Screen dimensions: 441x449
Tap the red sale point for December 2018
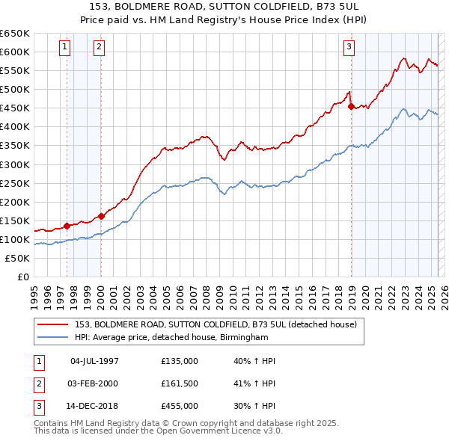click(x=351, y=106)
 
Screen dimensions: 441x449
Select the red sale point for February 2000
click(x=101, y=217)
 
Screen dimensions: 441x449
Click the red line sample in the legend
click(x=53, y=324)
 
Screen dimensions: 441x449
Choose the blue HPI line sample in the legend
click(x=53, y=337)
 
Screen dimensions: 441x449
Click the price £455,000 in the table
click(x=180, y=406)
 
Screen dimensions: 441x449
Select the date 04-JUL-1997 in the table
click(x=94, y=361)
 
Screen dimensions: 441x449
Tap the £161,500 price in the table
click(x=180, y=383)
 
